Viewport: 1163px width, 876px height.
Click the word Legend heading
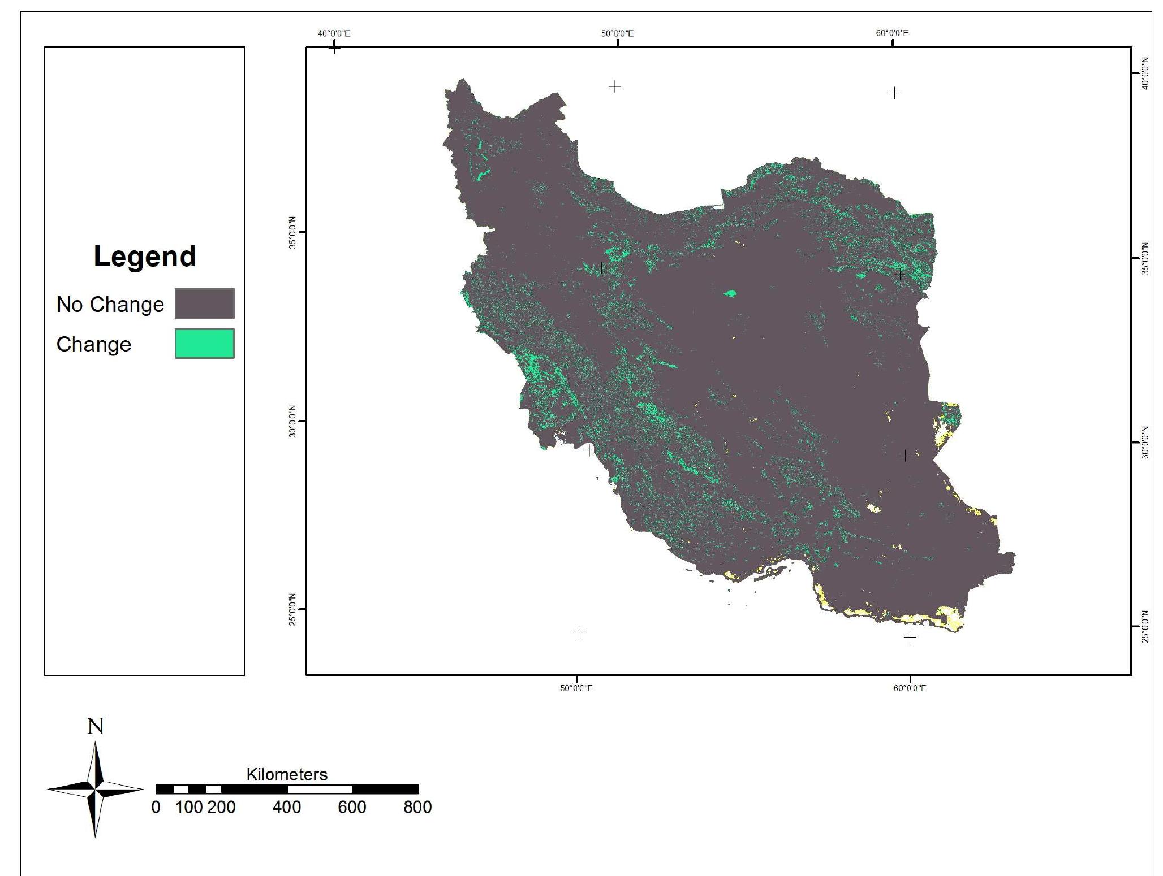[145, 257]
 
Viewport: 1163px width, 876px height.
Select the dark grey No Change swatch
[204, 303]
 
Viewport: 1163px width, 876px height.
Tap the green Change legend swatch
[204, 344]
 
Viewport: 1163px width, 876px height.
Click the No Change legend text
[110, 305]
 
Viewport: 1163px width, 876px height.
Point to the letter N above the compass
[96, 726]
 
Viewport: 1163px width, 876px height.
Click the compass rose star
[95, 789]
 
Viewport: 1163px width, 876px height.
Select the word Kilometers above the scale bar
[287, 774]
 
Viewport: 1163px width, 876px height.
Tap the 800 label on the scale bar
[417, 807]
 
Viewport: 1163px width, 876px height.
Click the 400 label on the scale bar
[286, 807]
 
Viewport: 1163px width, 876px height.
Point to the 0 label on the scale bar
[156, 807]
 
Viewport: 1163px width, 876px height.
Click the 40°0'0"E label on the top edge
[334, 33]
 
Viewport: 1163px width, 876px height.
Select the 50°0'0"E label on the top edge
[617, 33]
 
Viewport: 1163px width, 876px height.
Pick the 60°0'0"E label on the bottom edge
[910, 688]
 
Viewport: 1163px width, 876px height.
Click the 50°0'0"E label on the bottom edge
[576, 688]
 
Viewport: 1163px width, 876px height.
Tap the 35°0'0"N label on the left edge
[292, 232]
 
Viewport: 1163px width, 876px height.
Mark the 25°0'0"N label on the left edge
[292, 610]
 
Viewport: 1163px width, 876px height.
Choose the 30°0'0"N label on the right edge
[1145, 443]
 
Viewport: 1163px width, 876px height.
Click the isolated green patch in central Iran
[730, 293]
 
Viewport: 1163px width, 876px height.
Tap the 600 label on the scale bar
[352, 807]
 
